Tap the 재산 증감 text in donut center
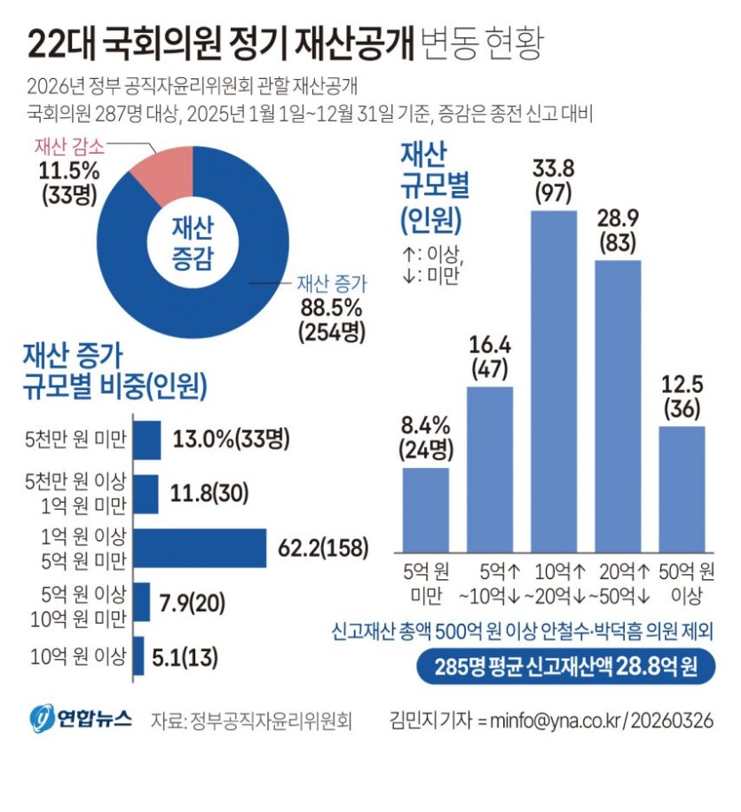192,242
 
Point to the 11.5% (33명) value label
67,179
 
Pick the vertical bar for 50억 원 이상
682,488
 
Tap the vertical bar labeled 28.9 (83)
618,404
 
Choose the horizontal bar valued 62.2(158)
200,548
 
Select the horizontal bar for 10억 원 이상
138,657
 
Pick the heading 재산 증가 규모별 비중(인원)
114,370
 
